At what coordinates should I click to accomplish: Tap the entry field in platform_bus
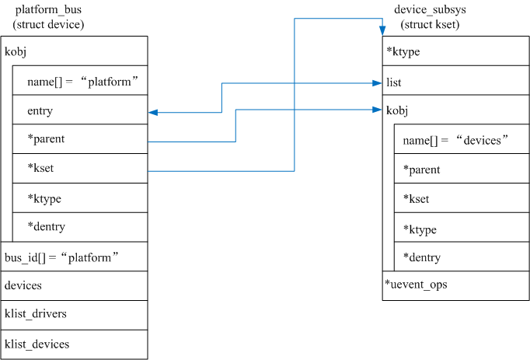click(40, 111)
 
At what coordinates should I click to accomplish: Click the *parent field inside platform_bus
click(46, 140)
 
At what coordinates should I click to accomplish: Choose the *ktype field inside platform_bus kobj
click(44, 198)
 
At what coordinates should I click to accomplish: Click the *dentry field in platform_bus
click(46, 227)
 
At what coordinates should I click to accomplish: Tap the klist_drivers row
click(35, 314)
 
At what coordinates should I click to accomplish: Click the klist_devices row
click(37, 344)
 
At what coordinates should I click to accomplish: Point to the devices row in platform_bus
click(23, 285)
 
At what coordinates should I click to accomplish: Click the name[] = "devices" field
click(455, 140)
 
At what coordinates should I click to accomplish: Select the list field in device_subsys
click(394, 82)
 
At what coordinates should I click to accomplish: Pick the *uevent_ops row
click(416, 285)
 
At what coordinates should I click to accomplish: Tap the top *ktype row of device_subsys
click(402, 52)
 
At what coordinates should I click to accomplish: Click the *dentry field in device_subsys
click(422, 257)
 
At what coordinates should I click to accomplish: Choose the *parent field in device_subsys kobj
click(422, 170)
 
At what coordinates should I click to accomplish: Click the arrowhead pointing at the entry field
click(152, 112)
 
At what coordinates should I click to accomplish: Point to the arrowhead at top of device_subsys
click(382, 30)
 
